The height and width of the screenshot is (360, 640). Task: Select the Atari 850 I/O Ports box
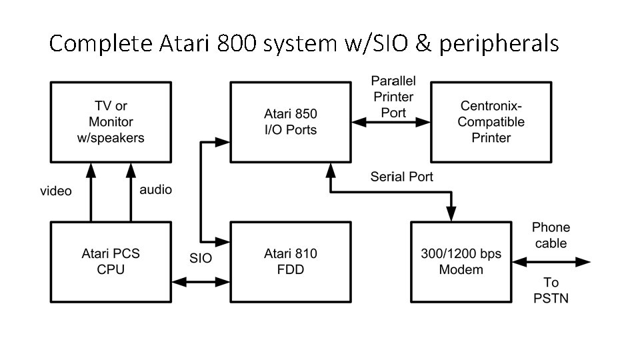tap(291, 122)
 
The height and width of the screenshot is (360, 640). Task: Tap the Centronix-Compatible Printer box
tap(491, 122)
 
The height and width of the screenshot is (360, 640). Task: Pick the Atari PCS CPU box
tap(111, 261)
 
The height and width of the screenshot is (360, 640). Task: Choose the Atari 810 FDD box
tap(291, 261)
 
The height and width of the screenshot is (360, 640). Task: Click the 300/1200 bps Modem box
tap(461, 261)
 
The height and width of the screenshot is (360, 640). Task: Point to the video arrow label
tap(56, 191)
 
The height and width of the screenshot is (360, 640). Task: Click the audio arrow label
tap(155, 190)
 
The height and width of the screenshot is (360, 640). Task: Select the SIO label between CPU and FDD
tap(201, 258)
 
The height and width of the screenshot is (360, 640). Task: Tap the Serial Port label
tap(402, 177)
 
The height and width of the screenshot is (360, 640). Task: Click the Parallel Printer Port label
tap(393, 97)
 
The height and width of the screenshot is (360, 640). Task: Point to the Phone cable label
tap(551, 235)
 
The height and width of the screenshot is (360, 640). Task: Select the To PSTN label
tap(551, 290)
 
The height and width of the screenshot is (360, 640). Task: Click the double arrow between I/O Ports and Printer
tap(391, 122)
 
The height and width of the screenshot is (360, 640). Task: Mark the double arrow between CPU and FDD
tap(201, 282)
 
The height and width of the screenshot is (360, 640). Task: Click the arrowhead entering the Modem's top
tap(451, 213)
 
